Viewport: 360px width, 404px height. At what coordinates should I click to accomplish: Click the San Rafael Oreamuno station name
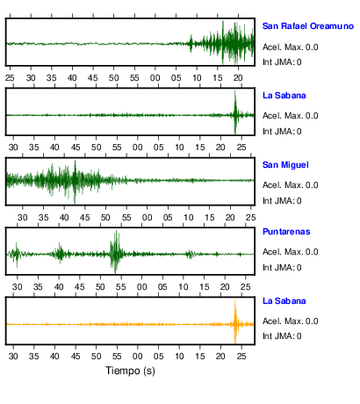[x=308, y=26]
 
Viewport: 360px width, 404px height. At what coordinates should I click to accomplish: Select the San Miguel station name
[x=285, y=165]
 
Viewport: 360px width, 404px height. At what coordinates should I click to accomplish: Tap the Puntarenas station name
[x=286, y=232]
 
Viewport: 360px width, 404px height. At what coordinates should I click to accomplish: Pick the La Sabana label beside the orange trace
[x=284, y=301]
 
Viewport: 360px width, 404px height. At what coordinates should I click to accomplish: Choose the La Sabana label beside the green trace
[x=284, y=96]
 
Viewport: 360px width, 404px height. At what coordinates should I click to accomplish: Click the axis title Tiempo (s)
[x=130, y=371]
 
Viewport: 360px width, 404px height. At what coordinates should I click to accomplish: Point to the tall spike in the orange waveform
[x=235, y=321]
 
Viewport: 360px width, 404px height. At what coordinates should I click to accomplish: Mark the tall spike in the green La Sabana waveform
[x=235, y=112]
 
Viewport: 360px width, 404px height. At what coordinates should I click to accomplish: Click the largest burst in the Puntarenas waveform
[x=116, y=252]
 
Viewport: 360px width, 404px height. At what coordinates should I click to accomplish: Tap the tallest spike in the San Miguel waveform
[x=75, y=182]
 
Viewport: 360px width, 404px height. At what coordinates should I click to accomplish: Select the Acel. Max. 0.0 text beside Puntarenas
[x=290, y=252]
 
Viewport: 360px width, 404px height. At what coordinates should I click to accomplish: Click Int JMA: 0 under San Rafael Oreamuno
[x=282, y=62]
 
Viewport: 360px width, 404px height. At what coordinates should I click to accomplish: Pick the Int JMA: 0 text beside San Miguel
[x=282, y=201]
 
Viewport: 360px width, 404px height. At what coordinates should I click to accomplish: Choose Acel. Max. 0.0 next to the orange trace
[x=290, y=321]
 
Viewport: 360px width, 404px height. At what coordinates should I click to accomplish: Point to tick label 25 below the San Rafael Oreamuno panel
[x=10, y=78]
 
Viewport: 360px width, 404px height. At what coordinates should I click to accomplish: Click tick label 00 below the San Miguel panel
[x=147, y=218]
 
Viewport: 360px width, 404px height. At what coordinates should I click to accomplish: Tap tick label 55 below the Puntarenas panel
[x=120, y=286]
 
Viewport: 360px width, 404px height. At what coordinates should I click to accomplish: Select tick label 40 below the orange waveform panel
[x=54, y=357]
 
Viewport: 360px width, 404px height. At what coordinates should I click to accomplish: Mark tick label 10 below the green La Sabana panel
[x=179, y=148]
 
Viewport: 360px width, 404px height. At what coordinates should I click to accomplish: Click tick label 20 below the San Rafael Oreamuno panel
[x=238, y=78]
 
